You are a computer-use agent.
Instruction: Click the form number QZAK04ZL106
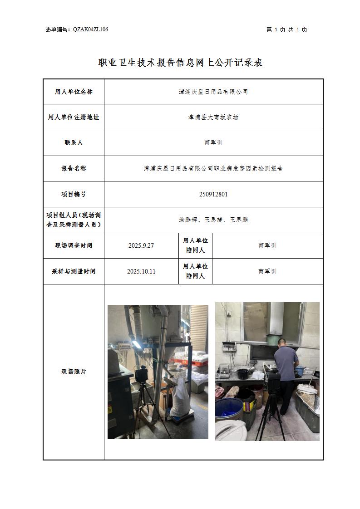click(90, 29)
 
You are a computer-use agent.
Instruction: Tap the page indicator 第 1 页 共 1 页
click(286, 29)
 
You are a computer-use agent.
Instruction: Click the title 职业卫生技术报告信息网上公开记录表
click(180, 62)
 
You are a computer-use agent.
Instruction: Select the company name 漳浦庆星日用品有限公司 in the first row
click(213, 92)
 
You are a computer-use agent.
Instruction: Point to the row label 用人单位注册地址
click(74, 117)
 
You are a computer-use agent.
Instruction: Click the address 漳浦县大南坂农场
click(213, 117)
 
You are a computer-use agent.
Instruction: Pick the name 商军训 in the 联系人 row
click(213, 142)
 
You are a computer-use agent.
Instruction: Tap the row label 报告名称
click(74, 168)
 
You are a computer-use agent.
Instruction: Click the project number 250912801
click(213, 194)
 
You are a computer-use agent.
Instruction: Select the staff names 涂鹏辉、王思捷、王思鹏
click(213, 220)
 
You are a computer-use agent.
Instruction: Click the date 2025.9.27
click(141, 246)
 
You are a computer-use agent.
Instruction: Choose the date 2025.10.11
click(141, 271)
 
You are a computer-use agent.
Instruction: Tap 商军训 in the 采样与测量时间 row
click(267, 271)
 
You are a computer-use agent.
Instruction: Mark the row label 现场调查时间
click(74, 246)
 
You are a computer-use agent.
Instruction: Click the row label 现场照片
click(74, 372)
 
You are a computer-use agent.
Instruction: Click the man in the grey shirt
click(286, 377)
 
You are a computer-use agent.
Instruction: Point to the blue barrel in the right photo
click(229, 410)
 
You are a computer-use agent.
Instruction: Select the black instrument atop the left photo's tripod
click(141, 376)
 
